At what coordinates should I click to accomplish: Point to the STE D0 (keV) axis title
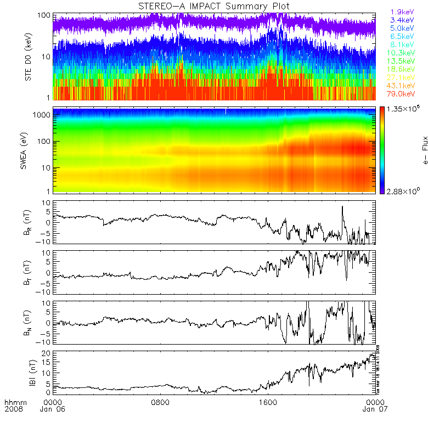[29, 57]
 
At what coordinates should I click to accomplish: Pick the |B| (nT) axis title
[29, 372]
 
